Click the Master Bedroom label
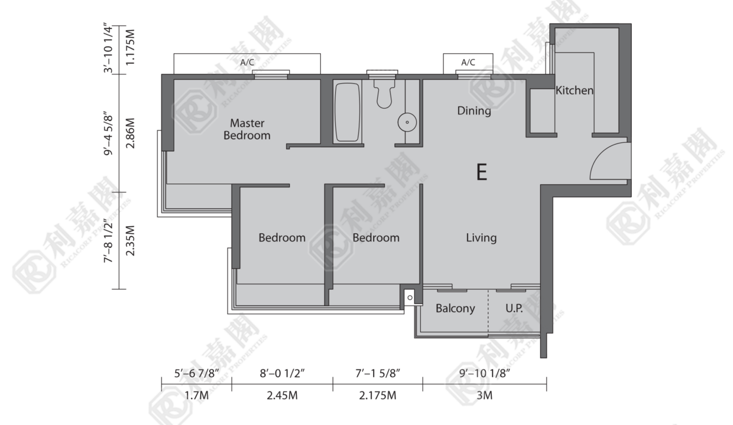[x=247, y=129]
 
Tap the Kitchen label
[x=575, y=90]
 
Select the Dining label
[x=474, y=111]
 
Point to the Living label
[x=481, y=238]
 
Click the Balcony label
[x=455, y=308]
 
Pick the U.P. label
[x=514, y=308]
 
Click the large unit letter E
[x=482, y=172]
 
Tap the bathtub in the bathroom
[x=347, y=112]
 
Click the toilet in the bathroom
[x=384, y=94]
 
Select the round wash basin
[x=407, y=123]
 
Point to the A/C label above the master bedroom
[x=247, y=62]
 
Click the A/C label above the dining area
[x=468, y=62]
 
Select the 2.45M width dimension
[x=282, y=395]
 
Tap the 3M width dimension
[x=484, y=395]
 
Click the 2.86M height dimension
[x=130, y=133]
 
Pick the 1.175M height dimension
[x=130, y=47]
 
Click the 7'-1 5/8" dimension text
[x=378, y=373]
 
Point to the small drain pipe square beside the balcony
[x=410, y=297]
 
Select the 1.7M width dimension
[x=196, y=395]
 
